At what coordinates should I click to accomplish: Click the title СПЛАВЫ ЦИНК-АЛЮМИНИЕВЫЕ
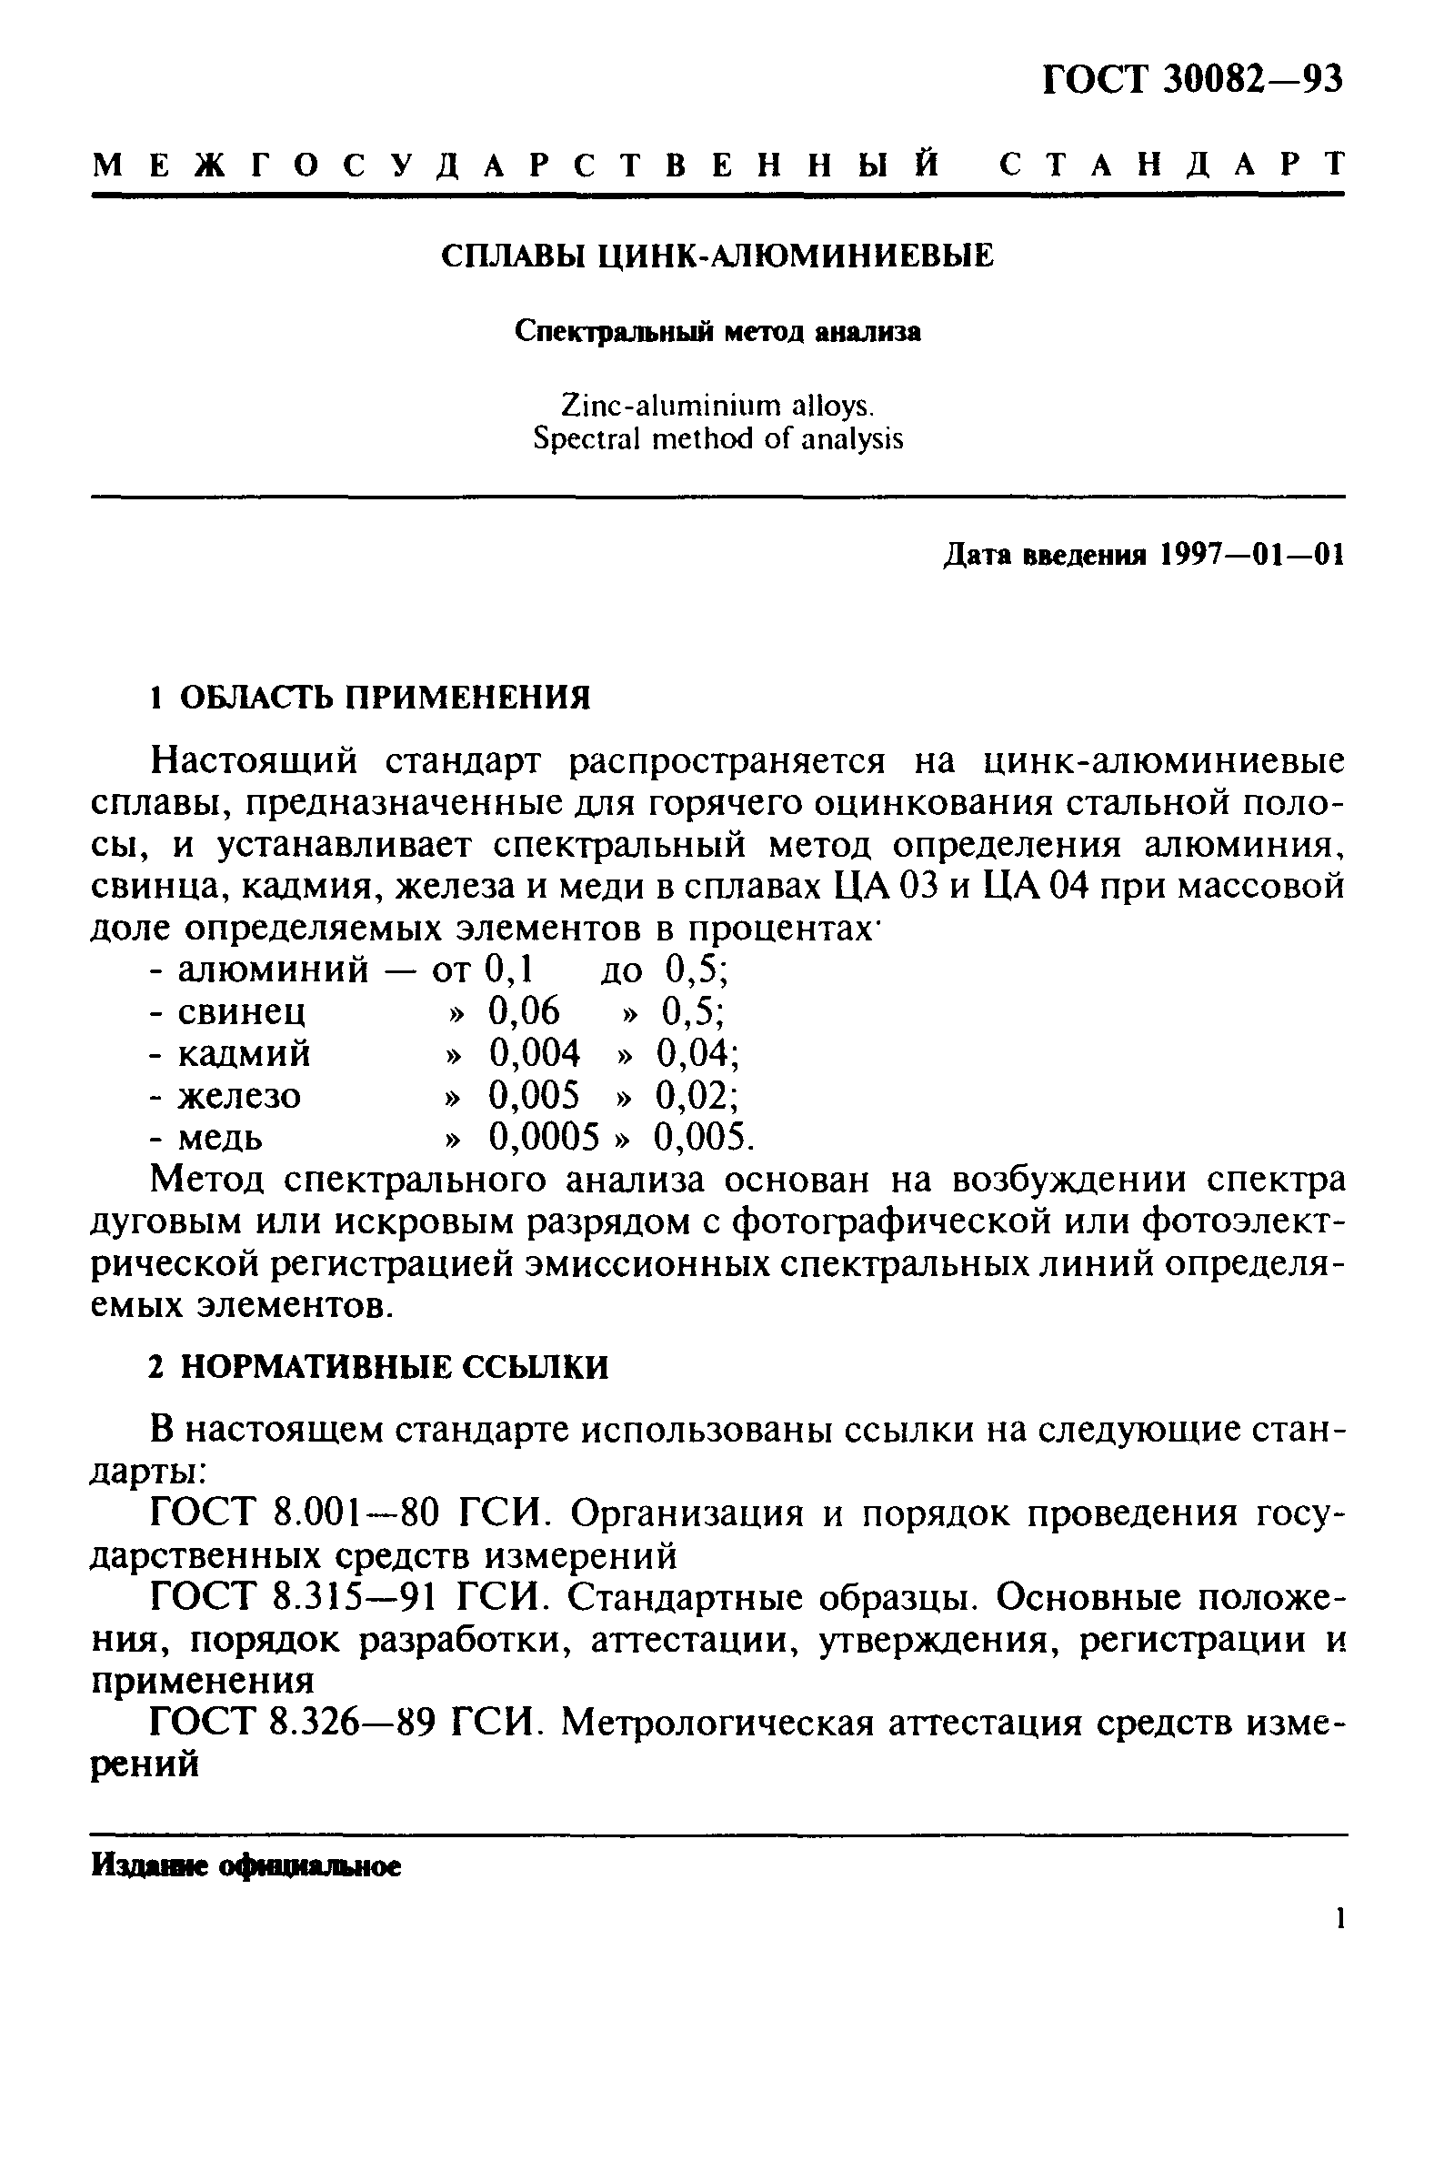tap(717, 256)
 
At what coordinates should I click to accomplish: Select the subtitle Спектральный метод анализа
tap(717, 332)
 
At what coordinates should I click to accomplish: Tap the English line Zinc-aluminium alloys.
tap(717, 406)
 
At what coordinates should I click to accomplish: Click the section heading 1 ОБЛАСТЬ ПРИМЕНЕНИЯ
tap(370, 697)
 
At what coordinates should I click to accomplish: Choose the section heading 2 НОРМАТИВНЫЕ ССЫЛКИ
tap(379, 1367)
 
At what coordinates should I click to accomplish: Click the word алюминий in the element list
tap(273, 970)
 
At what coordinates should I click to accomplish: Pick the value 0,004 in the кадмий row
tap(534, 1053)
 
